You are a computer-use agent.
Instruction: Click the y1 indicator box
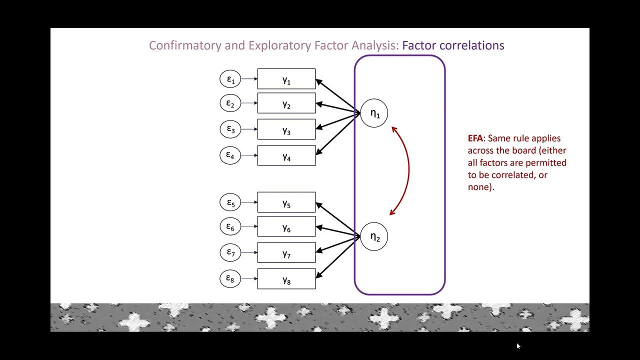[x=286, y=79]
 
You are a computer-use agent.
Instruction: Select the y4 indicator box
[x=286, y=155]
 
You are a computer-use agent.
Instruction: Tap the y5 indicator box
[x=286, y=202]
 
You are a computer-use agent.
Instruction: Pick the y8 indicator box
[x=286, y=279]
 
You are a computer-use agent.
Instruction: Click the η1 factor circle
[x=374, y=113]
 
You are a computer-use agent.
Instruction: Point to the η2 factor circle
[x=374, y=236]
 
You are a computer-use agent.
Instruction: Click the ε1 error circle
[x=230, y=78]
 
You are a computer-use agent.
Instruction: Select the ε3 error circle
[x=230, y=129]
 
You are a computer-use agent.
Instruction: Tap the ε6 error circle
[x=230, y=226]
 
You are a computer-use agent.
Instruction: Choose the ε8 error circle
[x=230, y=278]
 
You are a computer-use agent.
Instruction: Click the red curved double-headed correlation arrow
[x=408, y=170]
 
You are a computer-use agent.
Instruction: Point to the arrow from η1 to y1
[x=338, y=96]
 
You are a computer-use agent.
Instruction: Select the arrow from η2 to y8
[x=338, y=256]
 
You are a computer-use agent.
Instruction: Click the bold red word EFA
[x=475, y=138]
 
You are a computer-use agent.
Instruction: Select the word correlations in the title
[x=472, y=45]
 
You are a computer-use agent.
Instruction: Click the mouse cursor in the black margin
[x=518, y=345]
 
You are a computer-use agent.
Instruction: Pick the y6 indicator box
[x=286, y=226]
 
